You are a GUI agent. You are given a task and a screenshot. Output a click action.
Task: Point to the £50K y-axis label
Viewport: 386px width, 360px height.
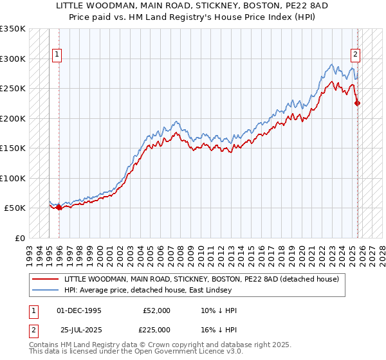click(14, 208)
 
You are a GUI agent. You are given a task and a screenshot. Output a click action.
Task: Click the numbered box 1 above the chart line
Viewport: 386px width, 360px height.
click(57, 55)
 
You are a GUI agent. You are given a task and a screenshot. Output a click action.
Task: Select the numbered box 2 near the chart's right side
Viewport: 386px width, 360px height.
click(354, 55)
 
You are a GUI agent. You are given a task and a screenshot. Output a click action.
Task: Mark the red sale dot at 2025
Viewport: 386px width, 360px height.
click(358, 103)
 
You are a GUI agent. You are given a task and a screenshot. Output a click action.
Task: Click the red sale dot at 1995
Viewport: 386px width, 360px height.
click(59, 207)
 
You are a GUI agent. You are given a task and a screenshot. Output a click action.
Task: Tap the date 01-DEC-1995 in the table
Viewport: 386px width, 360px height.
click(78, 310)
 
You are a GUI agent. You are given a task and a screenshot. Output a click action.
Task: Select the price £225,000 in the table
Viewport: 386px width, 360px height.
click(156, 330)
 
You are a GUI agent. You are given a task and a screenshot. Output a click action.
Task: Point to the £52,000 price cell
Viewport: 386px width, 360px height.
click(156, 310)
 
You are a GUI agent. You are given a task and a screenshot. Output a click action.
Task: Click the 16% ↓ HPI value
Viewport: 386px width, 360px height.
click(219, 330)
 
